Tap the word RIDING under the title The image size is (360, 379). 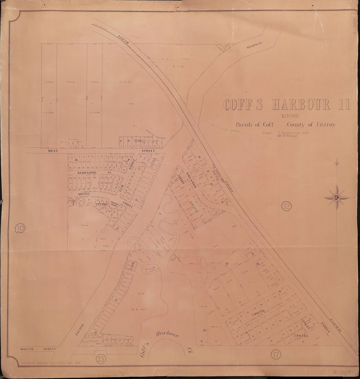tap(286, 116)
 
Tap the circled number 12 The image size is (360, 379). tap(287, 206)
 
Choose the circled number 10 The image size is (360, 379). tap(20, 228)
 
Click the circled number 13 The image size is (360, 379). tap(101, 359)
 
